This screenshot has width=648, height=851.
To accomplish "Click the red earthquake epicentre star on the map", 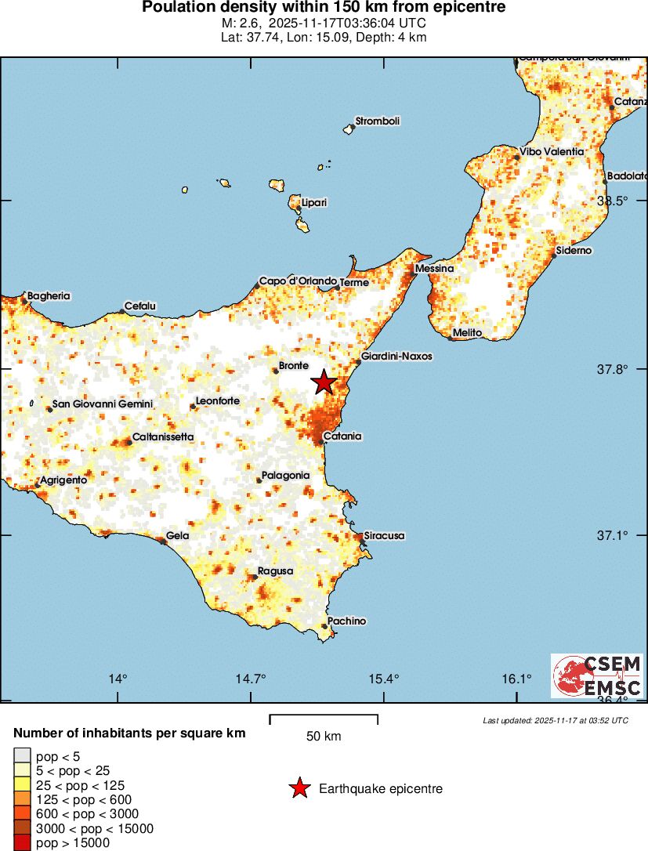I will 324,382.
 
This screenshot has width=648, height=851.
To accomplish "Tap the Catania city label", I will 342,436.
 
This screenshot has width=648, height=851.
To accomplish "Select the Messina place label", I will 435,269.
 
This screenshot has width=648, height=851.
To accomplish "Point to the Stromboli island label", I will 378,121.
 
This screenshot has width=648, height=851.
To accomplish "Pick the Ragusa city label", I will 275,571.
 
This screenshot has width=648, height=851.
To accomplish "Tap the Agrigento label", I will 63,480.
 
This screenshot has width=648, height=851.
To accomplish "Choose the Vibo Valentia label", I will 552,151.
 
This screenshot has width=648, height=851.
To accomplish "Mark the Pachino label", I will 346,621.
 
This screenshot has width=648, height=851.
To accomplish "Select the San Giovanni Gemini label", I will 103,404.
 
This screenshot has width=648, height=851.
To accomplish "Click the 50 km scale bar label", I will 324,737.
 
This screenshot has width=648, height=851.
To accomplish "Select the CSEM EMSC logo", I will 597,676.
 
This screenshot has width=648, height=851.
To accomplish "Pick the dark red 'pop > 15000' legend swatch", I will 22,843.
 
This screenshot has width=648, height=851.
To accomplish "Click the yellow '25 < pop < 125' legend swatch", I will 22,785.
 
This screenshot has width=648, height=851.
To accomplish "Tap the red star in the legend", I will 299,788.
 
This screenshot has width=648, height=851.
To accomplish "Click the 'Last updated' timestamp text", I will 556,720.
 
